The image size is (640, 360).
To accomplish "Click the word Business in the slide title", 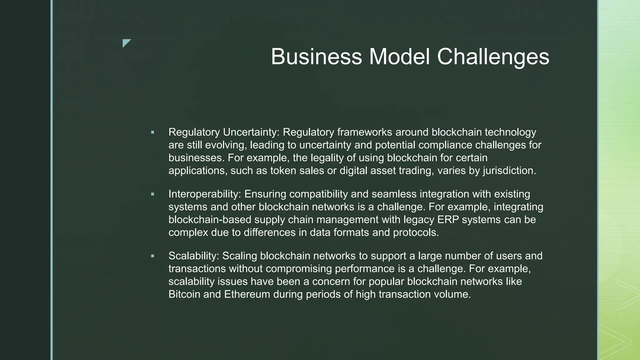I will point(316,57).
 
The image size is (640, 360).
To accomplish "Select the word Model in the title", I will point(399,57).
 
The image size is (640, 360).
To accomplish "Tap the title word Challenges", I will point(493,57).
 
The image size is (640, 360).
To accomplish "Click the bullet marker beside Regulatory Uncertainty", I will point(152,132).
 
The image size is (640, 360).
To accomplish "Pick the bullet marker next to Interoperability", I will point(152,194).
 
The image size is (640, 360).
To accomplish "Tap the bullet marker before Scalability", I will point(152,256).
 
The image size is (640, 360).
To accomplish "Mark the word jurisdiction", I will point(509,171).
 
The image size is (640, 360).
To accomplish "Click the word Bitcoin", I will point(184,294).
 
